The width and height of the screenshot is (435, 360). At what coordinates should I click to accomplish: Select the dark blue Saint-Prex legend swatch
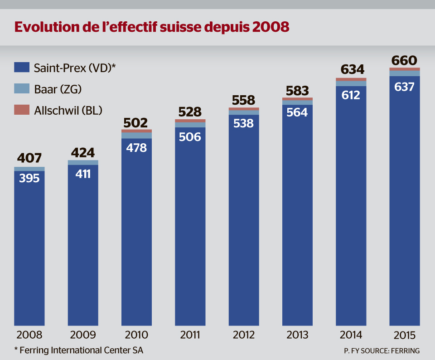pyautogui.click(x=22, y=68)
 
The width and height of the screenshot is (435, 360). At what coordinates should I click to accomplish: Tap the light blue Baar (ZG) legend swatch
pyautogui.click(x=22, y=89)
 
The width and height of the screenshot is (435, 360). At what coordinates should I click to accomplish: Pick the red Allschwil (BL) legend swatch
pyautogui.click(x=22, y=110)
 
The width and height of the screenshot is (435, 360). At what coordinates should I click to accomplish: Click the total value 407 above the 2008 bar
pyautogui.click(x=29, y=158)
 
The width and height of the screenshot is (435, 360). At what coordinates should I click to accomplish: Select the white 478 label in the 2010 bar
pyautogui.click(x=136, y=147)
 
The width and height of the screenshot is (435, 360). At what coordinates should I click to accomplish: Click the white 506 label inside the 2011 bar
pyautogui.click(x=190, y=136)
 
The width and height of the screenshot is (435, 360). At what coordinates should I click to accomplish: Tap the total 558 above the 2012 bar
pyautogui.click(x=244, y=100)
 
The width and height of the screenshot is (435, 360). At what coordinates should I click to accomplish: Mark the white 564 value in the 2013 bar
pyautogui.click(x=297, y=113)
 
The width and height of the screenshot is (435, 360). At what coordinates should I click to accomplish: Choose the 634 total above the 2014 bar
pyautogui.click(x=351, y=70)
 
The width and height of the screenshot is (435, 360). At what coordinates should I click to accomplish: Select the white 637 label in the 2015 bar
pyautogui.click(x=405, y=87)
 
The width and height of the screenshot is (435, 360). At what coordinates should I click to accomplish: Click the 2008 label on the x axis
pyautogui.click(x=29, y=336)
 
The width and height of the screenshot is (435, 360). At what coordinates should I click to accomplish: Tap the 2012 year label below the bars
pyautogui.click(x=244, y=336)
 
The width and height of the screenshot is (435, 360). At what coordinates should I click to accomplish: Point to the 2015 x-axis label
pyautogui.click(x=405, y=336)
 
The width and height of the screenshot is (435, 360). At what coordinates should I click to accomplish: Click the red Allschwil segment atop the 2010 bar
pyautogui.click(x=136, y=131)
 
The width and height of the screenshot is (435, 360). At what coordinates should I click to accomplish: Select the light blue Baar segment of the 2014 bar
pyautogui.click(x=351, y=83)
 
